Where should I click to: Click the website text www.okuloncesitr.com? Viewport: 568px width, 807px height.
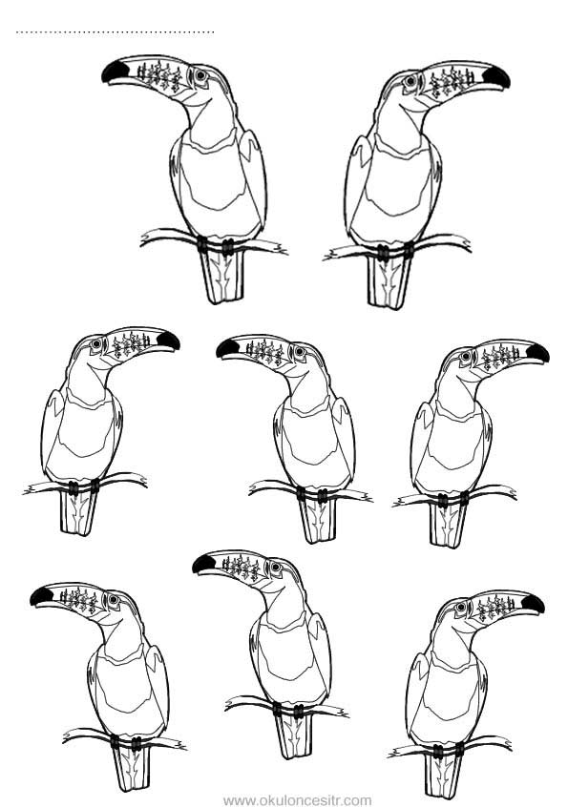point(297,800)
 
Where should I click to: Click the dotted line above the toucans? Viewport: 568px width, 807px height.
point(115,32)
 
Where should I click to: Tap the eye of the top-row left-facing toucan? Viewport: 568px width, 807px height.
point(200,75)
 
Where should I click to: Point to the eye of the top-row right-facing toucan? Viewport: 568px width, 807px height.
point(410,81)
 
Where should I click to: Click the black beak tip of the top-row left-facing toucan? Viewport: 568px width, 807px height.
point(114,72)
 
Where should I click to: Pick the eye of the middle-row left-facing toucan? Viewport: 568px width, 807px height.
point(299,352)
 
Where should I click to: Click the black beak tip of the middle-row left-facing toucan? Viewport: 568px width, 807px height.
point(227,349)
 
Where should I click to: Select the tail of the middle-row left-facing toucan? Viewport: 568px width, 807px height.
point(318,521)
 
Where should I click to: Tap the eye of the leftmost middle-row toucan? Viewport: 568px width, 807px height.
point(96,343)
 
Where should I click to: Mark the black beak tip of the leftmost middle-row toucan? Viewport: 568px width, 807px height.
point(168,341)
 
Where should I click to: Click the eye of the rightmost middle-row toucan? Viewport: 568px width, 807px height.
point(466,356)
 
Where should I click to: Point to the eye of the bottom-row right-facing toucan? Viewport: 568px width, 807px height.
point(461,608)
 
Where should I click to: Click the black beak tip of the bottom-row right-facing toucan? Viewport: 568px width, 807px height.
point(533,603)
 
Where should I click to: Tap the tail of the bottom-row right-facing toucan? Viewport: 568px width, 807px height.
point(443,776)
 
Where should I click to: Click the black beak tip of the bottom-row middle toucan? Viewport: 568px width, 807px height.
point(203,564)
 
